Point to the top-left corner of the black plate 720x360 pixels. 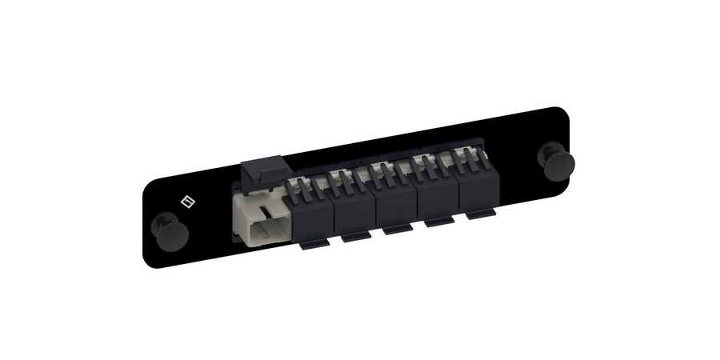pyautogui.click(x=145, y=185)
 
